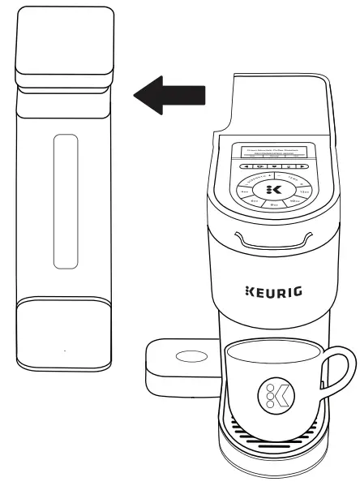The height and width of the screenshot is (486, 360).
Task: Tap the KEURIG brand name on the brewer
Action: click(x=273, y=290)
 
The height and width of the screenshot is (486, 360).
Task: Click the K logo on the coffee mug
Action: click(x=273, y=395)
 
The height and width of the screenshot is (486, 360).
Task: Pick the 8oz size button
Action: click(x=274, y=204)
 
